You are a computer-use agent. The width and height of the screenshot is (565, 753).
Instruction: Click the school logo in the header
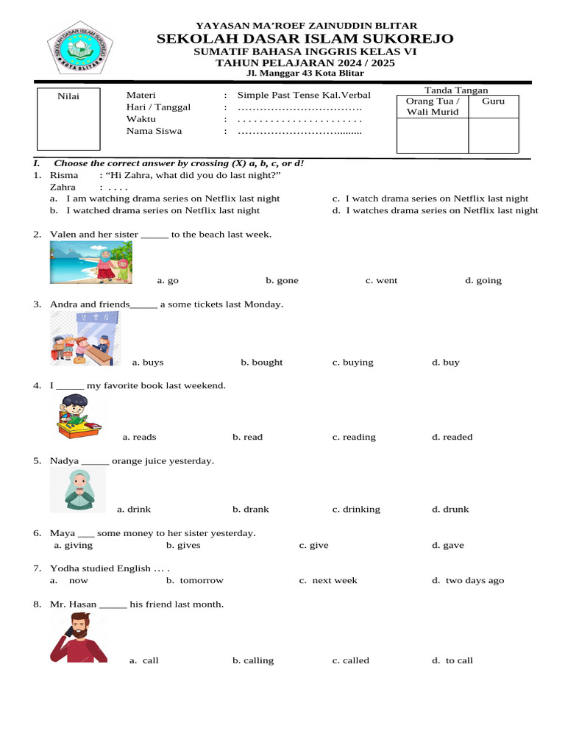77,47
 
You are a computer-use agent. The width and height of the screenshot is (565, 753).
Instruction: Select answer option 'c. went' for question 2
381,280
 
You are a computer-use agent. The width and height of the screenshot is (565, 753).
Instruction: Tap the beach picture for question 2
91,263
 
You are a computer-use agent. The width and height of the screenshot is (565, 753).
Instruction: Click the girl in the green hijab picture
78,490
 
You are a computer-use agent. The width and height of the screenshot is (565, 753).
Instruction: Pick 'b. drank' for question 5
250,509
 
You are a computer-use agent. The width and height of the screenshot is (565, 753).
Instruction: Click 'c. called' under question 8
350,660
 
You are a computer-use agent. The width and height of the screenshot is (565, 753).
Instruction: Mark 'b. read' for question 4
247,437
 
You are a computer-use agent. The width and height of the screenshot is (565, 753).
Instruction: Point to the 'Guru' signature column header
493,101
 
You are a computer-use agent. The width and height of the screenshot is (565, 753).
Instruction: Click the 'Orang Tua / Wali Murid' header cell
433,107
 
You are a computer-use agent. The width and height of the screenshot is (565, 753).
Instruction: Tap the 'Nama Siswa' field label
154,131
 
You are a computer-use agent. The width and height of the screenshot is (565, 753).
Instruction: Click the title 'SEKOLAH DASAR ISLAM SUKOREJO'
305,38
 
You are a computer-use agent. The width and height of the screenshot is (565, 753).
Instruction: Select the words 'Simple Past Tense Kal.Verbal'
304,95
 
